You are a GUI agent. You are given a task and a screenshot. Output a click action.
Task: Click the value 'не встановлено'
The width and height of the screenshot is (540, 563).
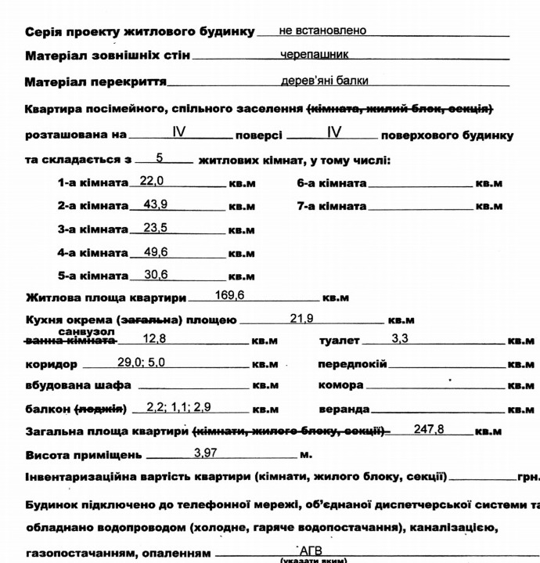pyautogui.click(x=322, y=31)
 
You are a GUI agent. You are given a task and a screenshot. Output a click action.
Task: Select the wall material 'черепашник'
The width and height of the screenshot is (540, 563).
pyautogui.click(x=315, y=56)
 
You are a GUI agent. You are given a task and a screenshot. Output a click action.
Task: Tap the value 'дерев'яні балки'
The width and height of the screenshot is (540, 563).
pyautogui.click(x=325, y=81)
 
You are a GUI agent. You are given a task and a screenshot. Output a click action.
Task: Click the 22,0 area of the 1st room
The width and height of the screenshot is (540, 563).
pyautogui.click(x=152, y=181)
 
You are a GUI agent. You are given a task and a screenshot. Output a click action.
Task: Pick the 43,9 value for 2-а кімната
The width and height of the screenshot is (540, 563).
pyautogui.click(x=156, y=205)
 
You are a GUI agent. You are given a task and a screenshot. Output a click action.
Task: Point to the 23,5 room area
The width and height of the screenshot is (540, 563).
pyautogui.click(x=156, y=229)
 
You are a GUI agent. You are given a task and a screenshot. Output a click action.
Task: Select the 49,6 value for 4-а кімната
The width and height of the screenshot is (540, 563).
pyautogui.click(x=156, y=252)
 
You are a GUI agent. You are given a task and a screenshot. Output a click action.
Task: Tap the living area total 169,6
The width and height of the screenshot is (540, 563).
pyautogui.click(x=230, y=296)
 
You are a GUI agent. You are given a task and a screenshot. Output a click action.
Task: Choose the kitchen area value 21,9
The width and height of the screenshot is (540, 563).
pyautogui.click(x=302, y=319)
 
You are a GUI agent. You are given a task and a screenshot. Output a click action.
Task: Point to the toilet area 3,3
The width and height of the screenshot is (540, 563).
pyautogui.click(x=400, y=340)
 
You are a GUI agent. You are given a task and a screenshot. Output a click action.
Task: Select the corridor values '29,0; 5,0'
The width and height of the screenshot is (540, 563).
pyautogui.click(x=142, y=363)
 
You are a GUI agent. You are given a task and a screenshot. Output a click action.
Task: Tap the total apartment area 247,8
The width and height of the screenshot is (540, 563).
pyautogui.click(x=429, y=430)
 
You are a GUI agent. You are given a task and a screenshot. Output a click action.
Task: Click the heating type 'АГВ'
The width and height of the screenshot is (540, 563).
pyautogui.click(x=311, y=551)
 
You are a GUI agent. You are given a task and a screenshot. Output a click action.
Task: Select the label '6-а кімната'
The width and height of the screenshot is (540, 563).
pyautogui.click(x=332, y=183)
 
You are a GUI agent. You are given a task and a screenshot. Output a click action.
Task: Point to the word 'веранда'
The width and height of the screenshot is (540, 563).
pyautogui.click(x=344, y=410)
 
